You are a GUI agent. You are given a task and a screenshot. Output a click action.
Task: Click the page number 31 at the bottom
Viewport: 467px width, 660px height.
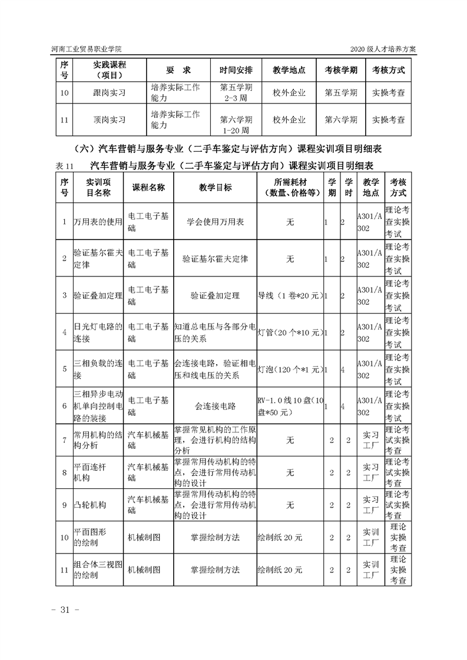(x=69, y=609)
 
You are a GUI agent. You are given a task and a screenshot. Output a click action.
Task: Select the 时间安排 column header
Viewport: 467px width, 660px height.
(x=236, y=70)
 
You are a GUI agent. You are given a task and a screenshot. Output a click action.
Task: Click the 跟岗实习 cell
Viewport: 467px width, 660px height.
(x=110, y=92)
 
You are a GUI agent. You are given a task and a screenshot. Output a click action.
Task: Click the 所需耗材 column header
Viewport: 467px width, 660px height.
(x=289, y=187)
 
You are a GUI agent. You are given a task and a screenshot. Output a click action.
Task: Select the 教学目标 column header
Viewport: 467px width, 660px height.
(x=215, y=187)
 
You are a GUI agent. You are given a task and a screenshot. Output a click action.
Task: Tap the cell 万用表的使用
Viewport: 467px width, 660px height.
(x=97, y=222)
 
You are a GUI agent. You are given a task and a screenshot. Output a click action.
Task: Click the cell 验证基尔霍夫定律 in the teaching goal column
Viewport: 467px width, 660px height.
(x=215, y=259)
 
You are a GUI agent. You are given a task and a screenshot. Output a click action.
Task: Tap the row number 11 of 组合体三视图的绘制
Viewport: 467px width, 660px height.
(x=64, y=570)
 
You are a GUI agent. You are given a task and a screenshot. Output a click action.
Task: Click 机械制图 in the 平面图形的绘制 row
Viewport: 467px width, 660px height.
(x=144, y=538)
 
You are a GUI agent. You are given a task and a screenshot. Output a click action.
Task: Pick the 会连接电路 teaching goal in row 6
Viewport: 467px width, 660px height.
(x=215, y=406)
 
